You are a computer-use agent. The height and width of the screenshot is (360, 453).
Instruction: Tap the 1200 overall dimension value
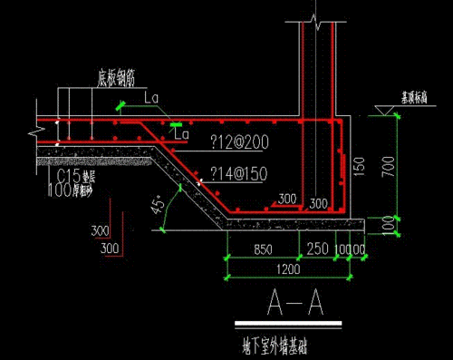point(290,269)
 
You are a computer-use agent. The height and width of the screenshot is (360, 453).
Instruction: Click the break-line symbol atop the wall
point(314,18)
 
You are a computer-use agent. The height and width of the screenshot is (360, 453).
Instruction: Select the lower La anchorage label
point(180,133)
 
